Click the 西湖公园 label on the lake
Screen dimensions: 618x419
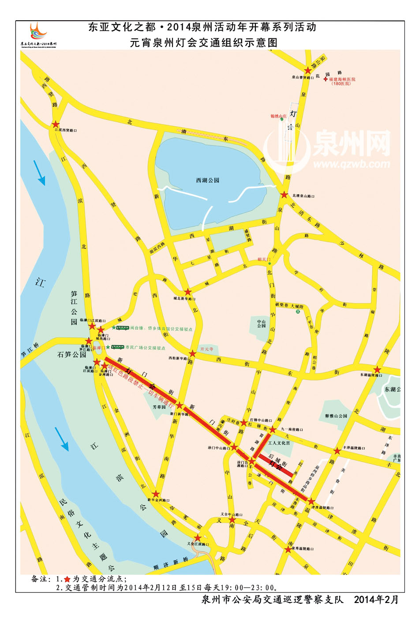(207, 180)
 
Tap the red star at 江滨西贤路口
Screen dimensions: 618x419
(56, 125)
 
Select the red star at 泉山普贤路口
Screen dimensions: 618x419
(307, 70)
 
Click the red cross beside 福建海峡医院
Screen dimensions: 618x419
(325, 79)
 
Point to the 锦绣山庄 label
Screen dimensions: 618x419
(278, 116)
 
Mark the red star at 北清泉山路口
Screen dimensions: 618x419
(284, 195)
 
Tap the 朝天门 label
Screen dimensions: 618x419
(264, 260)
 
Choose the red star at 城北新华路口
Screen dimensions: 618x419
(188, 292)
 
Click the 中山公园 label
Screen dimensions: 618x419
(262, 324)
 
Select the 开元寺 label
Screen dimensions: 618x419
(206, 349)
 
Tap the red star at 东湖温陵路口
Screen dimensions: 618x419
(378, 369)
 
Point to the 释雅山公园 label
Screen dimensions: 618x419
(336, 416)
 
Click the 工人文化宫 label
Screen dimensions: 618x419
(279, 443)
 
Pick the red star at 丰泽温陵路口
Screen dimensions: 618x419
(337, 451)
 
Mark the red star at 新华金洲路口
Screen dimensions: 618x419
(155, 494)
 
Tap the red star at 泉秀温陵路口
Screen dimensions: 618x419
(288, 550)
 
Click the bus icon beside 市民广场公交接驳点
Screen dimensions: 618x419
(117, 347)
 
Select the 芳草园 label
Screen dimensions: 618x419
(159, 407)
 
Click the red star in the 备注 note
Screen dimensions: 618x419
(67, 579)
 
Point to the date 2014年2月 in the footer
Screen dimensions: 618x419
(376, 599)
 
